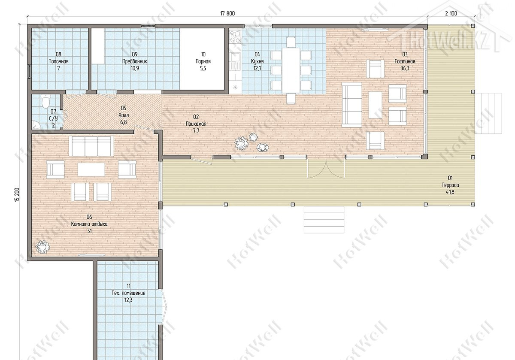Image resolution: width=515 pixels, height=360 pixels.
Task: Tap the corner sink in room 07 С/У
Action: pyautogui.click(x=36, y=125)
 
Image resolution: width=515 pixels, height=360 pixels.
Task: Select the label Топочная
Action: pyautogui.click(x=58, y=61)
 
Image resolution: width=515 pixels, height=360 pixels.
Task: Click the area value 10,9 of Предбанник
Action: pyautogui.click(x=135, y=69)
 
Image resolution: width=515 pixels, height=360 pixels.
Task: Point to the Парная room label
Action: pyautogui.click(x=203, y=61)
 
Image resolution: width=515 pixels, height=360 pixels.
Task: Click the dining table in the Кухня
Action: pyautogui.click(x=291, y=70)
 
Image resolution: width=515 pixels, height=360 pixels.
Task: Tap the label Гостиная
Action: pyautogui.click(x=405, y=61)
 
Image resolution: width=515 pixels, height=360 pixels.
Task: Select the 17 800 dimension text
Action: pyautogui.click(x=227, y=14)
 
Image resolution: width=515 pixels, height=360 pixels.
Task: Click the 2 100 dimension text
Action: pyautogui.click(x=451, y=14)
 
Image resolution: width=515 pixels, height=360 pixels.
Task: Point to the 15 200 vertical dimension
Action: pyautogui.click(x=17, y=195)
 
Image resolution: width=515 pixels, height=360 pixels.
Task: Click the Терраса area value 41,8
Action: pyautogui.click(x=450, y=192)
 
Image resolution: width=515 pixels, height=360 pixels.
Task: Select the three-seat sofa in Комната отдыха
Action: pyautogui.click(x=91, y=146)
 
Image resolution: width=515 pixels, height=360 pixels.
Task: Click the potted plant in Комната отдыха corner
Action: pyautogui.click(x=42, y=247)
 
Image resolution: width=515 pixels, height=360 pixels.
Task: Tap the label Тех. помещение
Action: pyautogui.click(x=128, y=293)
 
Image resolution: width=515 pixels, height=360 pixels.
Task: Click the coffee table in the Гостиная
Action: pyautogui.click(x=375, y=105)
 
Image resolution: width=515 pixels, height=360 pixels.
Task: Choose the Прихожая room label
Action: pyautogui.click(x=196, y=124)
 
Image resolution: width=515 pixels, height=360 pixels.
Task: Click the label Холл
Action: pyautogui.click(x=124, y=115)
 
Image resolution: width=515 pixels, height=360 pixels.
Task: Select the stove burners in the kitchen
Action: pyautogui.click(x=235, y=37)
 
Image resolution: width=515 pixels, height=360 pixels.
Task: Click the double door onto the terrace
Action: pyautogui.click(x=326, y=168)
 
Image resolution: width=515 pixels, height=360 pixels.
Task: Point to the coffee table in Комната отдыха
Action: pyautogui.click(x=91, y=169)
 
